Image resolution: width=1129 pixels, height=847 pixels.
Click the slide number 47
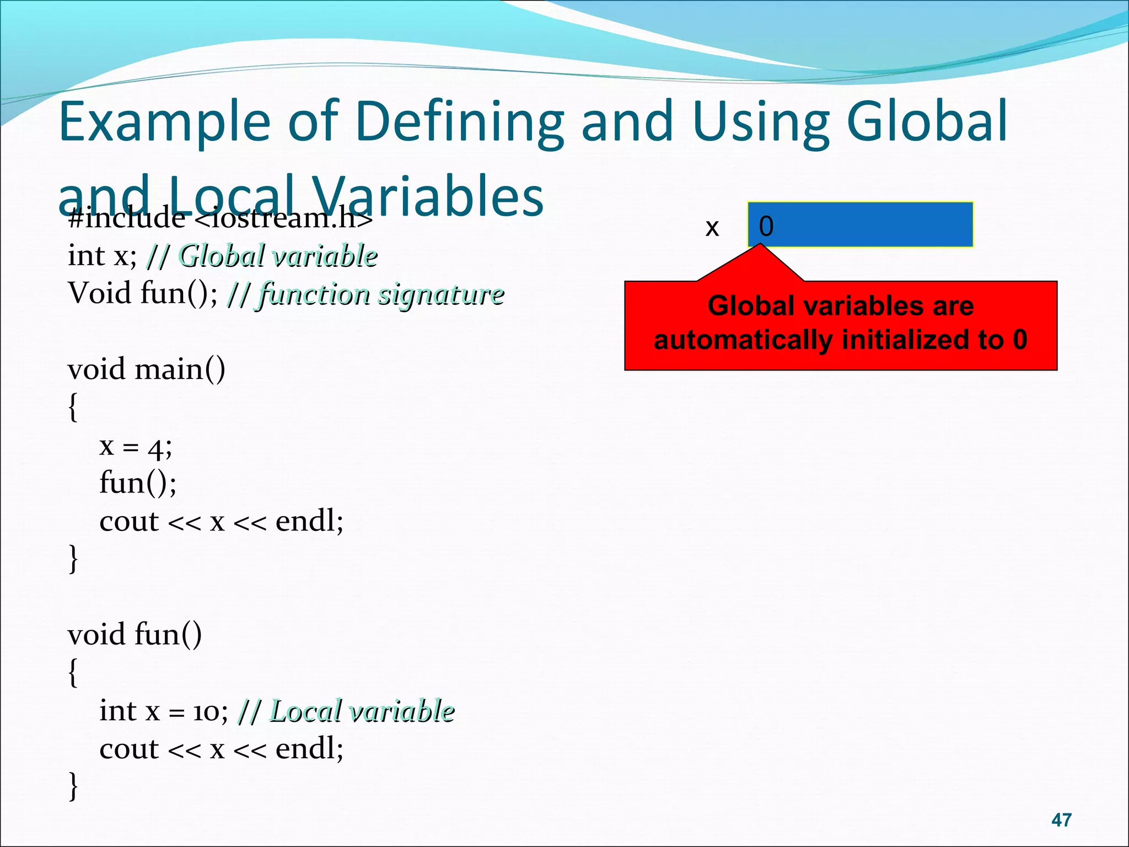(1061, 820)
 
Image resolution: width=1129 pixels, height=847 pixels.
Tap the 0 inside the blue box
(766, 226)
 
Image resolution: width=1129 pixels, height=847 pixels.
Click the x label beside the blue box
(712, 227)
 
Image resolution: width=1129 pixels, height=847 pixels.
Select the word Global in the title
(927, 121)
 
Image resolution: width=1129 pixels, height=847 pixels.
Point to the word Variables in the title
(428, 197)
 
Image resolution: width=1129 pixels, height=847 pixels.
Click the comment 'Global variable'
(278, 256)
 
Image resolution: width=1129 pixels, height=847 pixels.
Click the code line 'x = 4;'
(136, 446)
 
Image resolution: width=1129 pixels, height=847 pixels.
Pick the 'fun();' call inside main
(138, 483)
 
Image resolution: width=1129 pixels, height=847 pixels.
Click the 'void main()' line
(146, 369)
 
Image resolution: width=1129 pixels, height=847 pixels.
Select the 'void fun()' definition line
(135, 634)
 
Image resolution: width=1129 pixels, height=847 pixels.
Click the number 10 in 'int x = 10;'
(206, 712)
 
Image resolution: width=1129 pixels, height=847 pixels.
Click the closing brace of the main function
(73, 559)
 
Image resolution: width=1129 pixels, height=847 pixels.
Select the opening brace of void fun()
(73, 672)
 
